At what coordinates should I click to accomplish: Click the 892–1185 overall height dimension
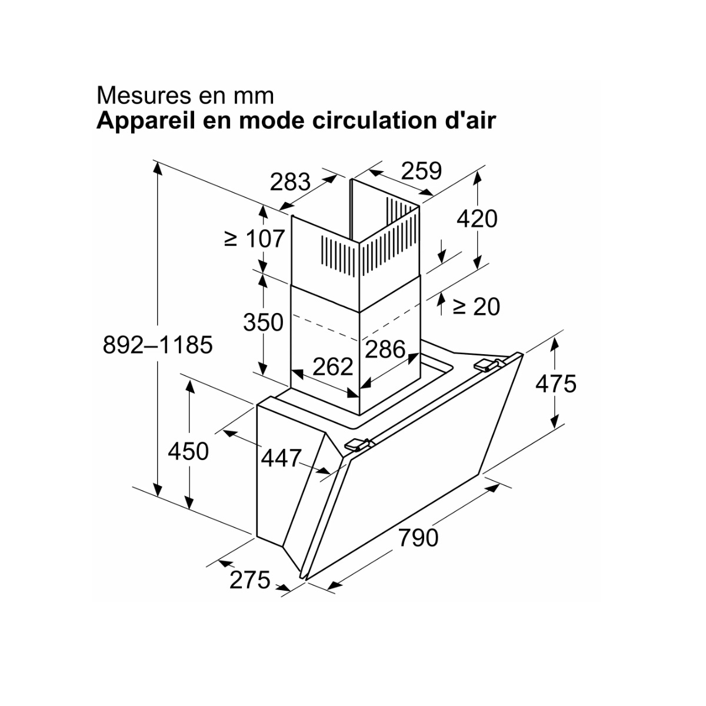(x=157, y=345)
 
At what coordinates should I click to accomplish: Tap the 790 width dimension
(x=418, y=537)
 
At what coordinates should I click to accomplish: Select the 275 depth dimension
(x=249, y=580)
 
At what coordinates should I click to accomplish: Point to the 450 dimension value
(x=188, y=451)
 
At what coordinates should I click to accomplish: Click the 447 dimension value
(x=281, y=458)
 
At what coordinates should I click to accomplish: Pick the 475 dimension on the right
(x=556, y=384)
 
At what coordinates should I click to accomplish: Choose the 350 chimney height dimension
(x=264, y=322)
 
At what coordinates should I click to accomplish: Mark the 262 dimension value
(x=332, y=367)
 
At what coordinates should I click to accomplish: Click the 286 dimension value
(x=385, y=349)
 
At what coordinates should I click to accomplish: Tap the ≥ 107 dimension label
(x=254, y=238)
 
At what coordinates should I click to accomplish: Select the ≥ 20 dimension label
(x=476, y=306)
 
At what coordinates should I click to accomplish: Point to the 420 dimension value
(x=477, y=219)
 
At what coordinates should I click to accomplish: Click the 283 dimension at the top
(x=290, y=182)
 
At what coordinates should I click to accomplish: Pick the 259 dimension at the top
(x=421, y=171)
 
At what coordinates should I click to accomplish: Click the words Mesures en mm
(x=185, y=95)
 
